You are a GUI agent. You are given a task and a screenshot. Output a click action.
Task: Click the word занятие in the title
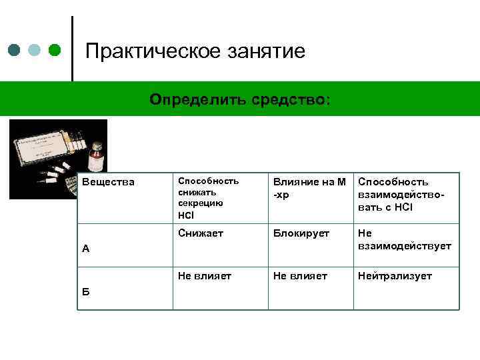click(268, 51)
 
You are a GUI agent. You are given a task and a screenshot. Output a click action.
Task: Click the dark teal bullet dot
click(15, 51)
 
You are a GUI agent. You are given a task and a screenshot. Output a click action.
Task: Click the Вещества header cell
click(108, 182)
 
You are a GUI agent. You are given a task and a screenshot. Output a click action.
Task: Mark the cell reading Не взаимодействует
click(404, 239)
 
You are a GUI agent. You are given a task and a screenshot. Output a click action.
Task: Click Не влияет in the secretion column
click(204, 275)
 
